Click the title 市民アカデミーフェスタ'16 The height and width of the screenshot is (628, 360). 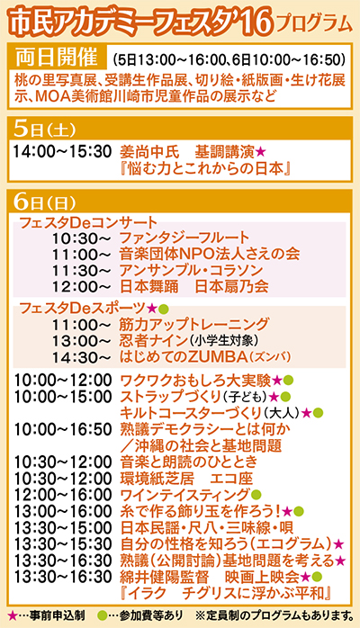(x=136, y=18)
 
